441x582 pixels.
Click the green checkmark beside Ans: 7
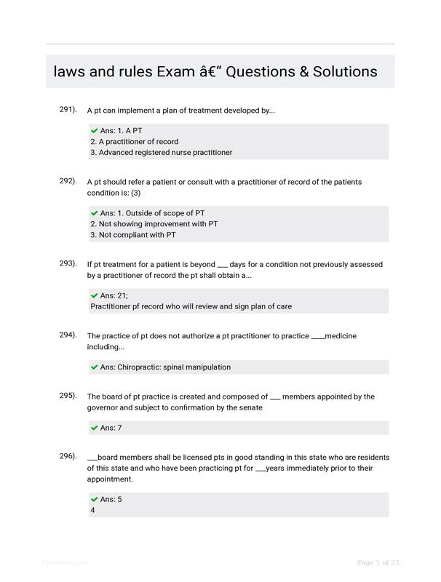95,428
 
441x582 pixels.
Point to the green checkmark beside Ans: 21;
95,295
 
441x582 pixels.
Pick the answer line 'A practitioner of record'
134,142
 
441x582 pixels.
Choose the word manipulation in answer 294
207,367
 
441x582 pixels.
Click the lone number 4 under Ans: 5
92,511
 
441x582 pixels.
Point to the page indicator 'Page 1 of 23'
378,562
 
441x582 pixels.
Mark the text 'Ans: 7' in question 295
111,428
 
